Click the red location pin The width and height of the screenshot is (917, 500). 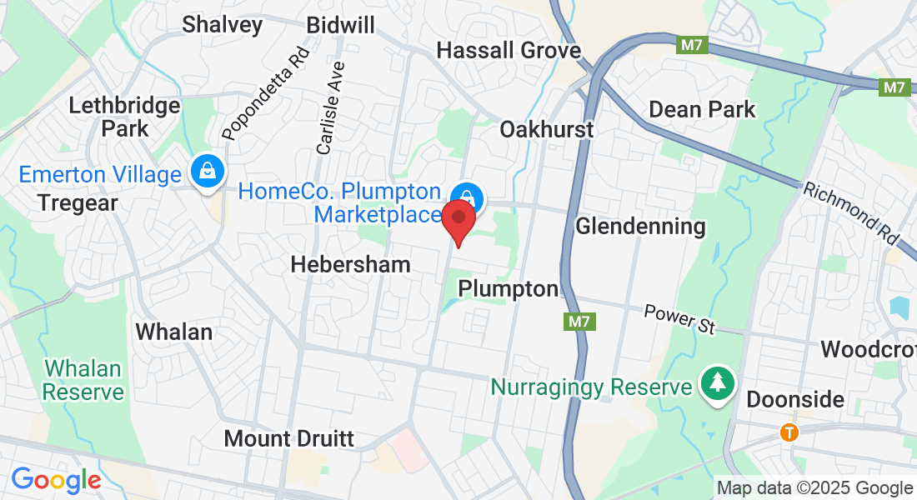click(458, 219)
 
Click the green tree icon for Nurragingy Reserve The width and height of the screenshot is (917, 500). click(717, 384)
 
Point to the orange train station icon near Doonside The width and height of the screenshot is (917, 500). click(789, 432)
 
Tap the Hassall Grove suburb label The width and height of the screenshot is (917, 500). click(509, 50)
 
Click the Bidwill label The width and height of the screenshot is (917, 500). click(340, 25)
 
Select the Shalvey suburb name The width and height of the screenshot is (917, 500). click(223, 24)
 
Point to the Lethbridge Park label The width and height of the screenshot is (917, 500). click(124, 117)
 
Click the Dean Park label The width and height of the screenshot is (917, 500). click(702, 109)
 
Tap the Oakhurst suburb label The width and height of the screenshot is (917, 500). click(546, 129)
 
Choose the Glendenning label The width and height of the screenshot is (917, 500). click(640, 226)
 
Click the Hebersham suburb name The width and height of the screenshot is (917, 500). click(350, 264)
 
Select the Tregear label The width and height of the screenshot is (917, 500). click(78, 202)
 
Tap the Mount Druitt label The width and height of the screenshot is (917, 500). click(289, 438)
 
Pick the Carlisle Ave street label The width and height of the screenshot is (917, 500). click(330, 107)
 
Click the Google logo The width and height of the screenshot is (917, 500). click(56, 480)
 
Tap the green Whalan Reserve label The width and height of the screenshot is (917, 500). click(83, 379)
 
